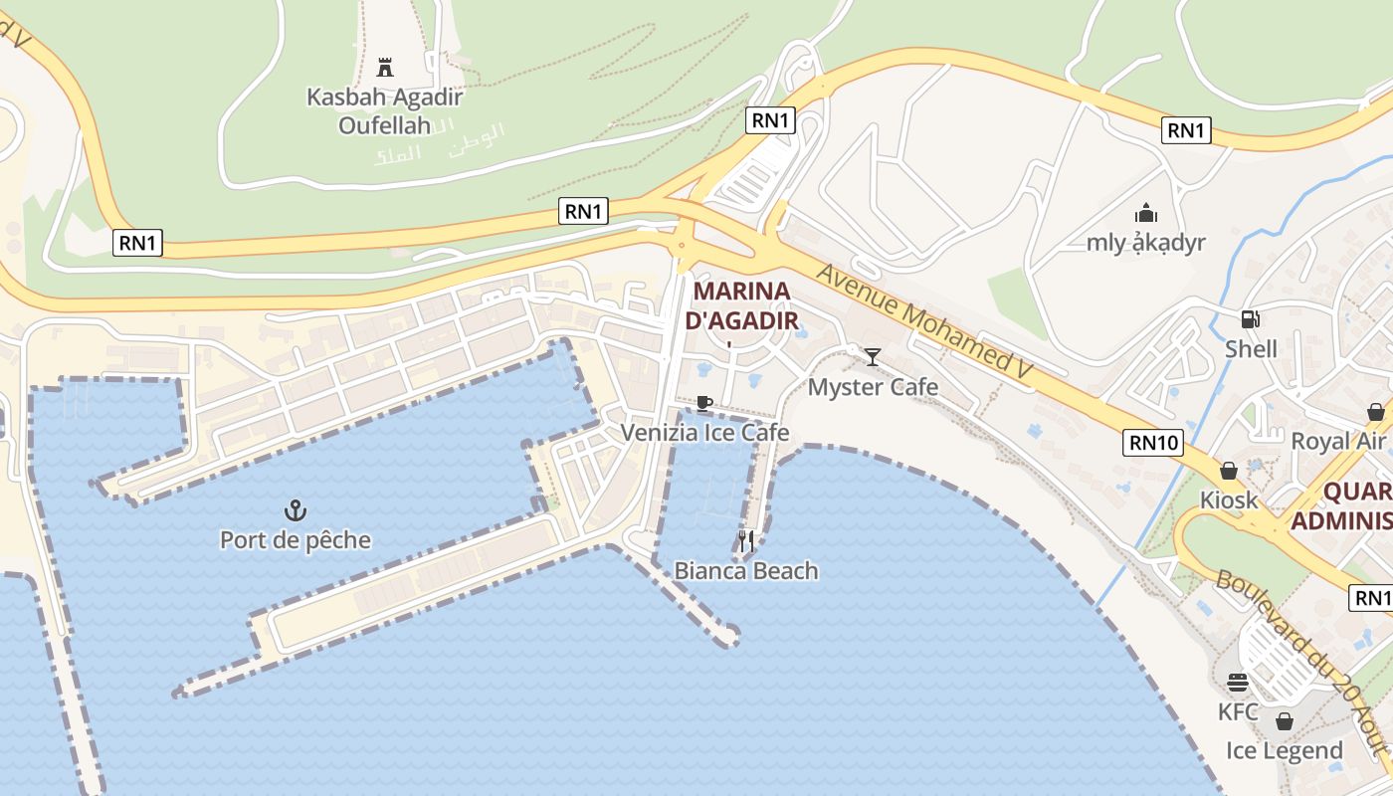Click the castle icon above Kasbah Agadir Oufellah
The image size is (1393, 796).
385,68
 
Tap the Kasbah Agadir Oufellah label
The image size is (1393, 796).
384,110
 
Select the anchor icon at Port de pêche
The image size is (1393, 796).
295,511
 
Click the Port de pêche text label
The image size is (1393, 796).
295,540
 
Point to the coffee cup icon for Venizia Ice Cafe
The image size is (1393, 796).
704,403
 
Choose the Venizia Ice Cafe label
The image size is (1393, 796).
704,432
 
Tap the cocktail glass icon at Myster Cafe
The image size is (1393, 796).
873,357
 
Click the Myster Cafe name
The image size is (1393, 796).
873,386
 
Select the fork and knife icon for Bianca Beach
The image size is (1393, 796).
746,541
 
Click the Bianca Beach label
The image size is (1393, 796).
746,570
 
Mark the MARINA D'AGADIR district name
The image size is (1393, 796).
742,305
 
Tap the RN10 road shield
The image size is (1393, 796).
1153,442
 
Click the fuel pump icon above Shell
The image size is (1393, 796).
1251,319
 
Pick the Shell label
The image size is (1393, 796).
1251,349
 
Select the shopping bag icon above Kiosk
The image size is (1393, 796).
1229,471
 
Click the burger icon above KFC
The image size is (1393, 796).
1238,683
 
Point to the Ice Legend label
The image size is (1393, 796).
1284,750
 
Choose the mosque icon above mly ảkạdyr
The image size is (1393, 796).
1146,213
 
